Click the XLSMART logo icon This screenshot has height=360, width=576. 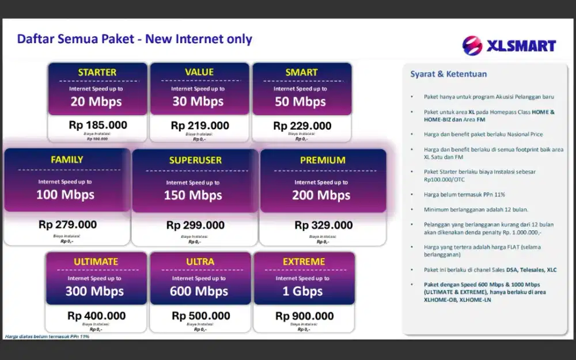click(x=472, y=46)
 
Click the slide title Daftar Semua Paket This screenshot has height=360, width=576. click(x=134, y=39)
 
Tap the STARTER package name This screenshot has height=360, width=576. click(x=97, y=72)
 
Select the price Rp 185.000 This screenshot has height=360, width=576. click(x=98, y=125)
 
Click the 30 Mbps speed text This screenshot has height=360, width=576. click(x=199, y=101)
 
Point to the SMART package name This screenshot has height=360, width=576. click(x=301, y=72)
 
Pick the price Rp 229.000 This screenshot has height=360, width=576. click(x=302, y=126)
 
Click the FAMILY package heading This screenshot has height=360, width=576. click(x=67, y=160)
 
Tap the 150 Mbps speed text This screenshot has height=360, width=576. click(x=193, y=195)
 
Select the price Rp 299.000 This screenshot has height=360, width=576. click(x=195, y=225)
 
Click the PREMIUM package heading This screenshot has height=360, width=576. click(x=323, y=160)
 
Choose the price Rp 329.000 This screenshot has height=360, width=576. click(x=323, y=225)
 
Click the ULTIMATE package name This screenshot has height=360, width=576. click(x=96, y=262)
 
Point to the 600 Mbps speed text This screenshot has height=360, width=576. click(x=199, y=291)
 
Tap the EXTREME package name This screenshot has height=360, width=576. click(x=304, y=262)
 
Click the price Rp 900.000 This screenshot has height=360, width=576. click(x=304, y=316)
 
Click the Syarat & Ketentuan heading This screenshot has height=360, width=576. click(x=448, y=74)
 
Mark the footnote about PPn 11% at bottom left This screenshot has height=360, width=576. click(x=47, y=336)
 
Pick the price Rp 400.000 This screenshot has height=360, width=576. click(x=96, y=316)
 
